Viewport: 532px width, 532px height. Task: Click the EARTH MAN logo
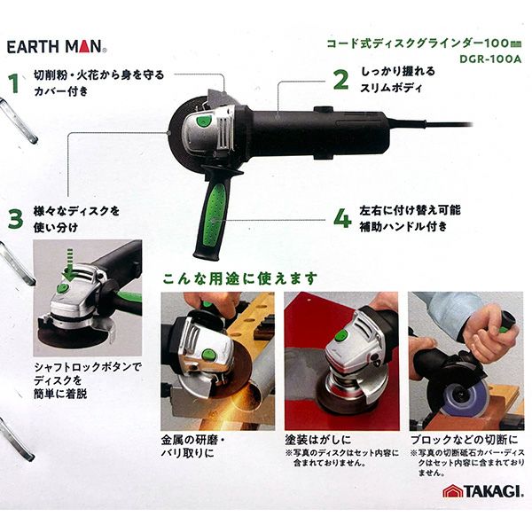pos(57,46)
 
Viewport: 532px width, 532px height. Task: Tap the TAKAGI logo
pos(483,491)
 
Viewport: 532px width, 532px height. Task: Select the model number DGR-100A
pos(490,59)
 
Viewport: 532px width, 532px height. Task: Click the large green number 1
pos(14,83)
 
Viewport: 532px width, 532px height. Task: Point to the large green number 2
pos(340,80)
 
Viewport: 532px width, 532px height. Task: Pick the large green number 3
pos(16,219)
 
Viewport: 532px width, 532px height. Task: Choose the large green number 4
pos(342,218)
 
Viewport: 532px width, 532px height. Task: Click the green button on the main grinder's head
pos(203,121)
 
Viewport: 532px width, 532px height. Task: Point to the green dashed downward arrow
pos(69,264)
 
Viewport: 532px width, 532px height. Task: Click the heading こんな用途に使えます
pos(240,279)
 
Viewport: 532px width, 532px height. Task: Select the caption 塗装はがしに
pos(318,440)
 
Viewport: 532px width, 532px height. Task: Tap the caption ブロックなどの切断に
pos(464,440)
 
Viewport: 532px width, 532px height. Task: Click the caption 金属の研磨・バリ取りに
pos(193,447)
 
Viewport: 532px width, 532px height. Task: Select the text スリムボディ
pos(391,88)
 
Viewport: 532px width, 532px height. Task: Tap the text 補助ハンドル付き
pos(403,227)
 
